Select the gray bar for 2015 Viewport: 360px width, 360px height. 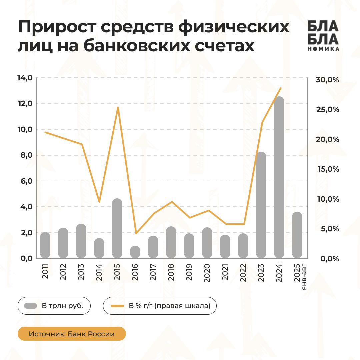coord(117,228)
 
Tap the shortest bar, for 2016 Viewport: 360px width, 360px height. coord(135,252)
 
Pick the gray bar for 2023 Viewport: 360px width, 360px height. coord(261,205)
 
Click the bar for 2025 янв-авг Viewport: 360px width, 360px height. coord(297,235)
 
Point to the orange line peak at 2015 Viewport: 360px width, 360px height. coord(118,107)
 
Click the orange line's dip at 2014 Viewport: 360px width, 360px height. coord(99,202)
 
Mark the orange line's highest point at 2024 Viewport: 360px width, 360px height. coord(281,88)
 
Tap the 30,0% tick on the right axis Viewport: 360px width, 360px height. coord(327,80)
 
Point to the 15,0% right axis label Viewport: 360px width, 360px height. coord(327,169)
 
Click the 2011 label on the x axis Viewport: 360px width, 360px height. coord(45,273)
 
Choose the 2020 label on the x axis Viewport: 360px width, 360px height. coord(207,273)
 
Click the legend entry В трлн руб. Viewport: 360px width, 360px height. coord(54,306)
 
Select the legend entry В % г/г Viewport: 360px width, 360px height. coord(160,306)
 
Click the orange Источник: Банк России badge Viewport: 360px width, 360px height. coord(72,334)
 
